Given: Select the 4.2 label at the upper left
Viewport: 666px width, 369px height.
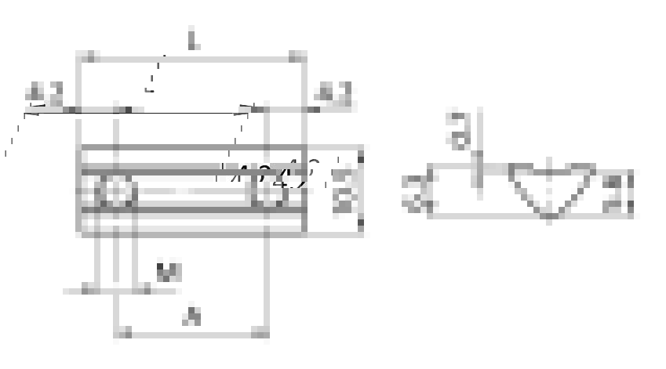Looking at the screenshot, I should click(x=45, y=94).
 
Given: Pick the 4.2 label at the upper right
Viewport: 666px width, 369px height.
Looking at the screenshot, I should click(x=333, y=95).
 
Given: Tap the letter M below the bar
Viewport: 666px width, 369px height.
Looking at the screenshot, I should click(x=169, y=273).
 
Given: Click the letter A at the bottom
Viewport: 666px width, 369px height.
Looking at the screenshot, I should click(x=191, y=317).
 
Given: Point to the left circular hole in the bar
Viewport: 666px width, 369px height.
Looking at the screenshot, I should click(x=116, y=191).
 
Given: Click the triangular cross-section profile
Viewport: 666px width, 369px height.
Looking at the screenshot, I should click(x=551, y=187).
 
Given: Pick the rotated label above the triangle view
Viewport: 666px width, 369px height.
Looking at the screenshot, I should click(x=460, y=130).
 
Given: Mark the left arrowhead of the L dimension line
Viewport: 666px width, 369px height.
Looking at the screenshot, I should click(x=89, y=57).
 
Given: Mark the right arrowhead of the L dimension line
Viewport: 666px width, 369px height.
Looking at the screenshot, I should click(x=297, y=57).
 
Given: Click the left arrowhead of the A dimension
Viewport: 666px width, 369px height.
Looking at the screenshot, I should click(x=123, y=335).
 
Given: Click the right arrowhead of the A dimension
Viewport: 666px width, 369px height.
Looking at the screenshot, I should click(x=260, y=335).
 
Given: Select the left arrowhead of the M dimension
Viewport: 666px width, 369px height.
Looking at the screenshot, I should click(x=89, y=291).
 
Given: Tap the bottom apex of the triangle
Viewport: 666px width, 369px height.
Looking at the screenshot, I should click(x=551, y=216).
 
